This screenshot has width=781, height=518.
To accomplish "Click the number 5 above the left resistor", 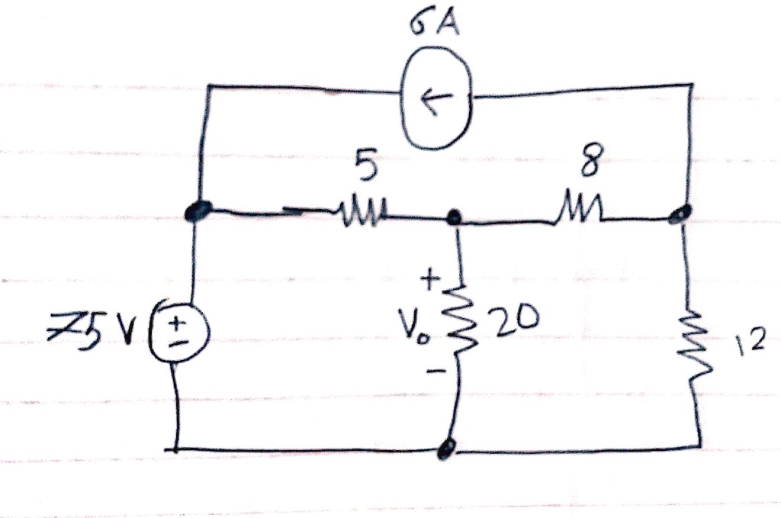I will coord(367,169).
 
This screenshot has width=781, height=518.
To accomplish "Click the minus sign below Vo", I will coord(432,372).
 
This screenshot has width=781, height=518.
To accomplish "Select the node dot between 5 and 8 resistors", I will coord(455,219).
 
